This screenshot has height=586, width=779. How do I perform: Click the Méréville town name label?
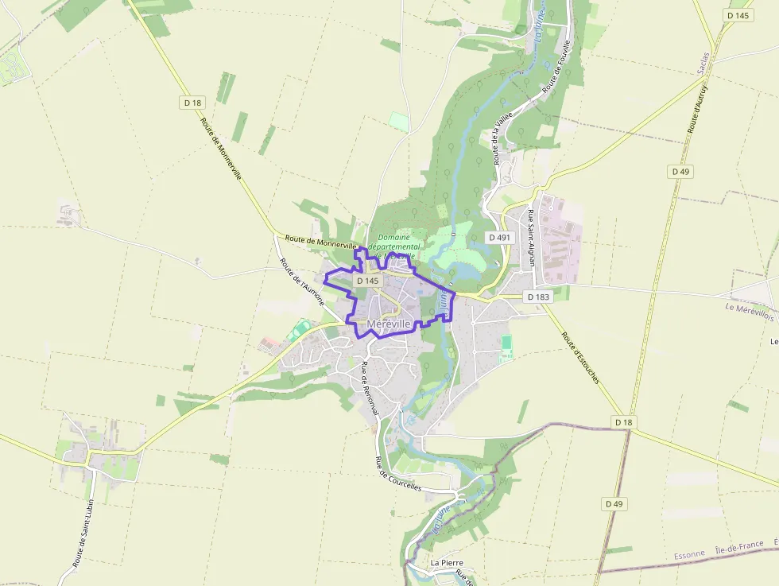click(389, 324)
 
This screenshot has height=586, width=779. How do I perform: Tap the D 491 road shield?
click(499, 237)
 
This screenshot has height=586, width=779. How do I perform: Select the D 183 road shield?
click(538, 297)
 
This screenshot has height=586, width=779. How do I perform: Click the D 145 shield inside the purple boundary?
click(367, 281)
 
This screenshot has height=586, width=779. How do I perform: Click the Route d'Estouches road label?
click(579, 346)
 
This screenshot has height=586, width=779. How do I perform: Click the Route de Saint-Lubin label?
click(83, 533)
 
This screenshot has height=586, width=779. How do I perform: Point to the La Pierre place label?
click(446, 562)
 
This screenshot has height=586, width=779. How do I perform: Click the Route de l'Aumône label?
click(295, 282)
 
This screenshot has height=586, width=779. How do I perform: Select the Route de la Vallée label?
click(502, 138)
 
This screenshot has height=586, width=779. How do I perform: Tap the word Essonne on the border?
click(689, 554)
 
